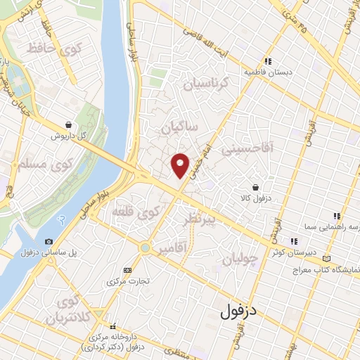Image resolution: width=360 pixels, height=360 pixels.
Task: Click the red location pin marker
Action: point(180,165)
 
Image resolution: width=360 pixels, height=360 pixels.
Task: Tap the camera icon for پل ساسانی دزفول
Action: point(49,242)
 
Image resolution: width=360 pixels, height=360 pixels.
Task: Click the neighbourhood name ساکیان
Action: point(180,128)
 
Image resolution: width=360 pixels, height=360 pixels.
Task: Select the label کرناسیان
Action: point(207,84)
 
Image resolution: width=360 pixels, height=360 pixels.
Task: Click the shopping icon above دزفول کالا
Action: point(255,188)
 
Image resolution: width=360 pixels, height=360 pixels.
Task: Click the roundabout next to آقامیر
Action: point(146,247)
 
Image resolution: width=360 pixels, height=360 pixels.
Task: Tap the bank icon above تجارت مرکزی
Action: point(127,270)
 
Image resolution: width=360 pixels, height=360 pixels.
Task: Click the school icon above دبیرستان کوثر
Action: point(293,241)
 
